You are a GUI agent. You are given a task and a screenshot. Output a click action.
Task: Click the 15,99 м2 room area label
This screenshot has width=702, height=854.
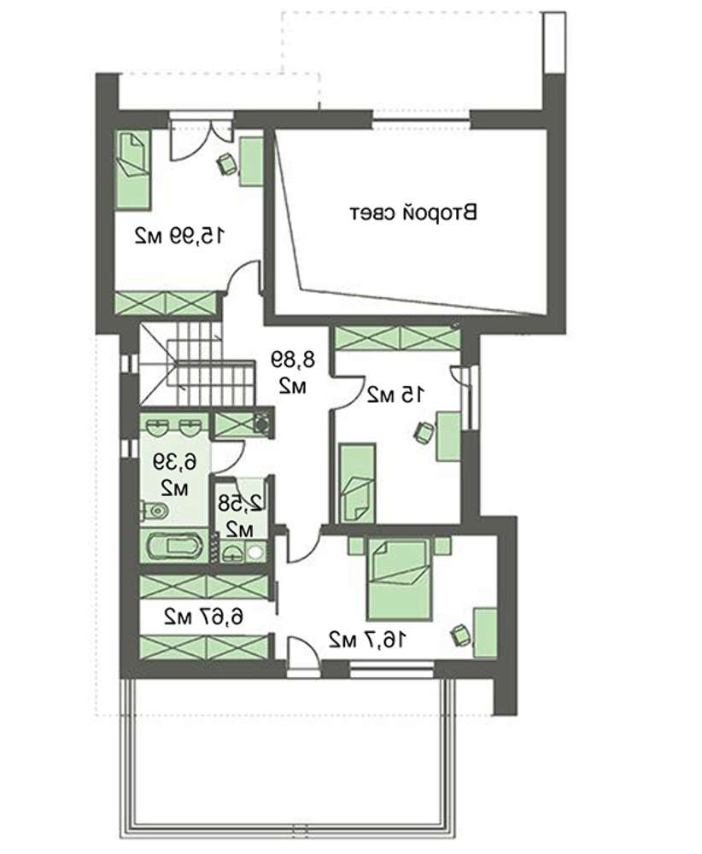click(179, 236)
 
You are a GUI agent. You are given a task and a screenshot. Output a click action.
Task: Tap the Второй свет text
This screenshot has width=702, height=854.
click(412, 213)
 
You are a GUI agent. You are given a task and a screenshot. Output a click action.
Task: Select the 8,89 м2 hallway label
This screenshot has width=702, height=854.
click(292, 372)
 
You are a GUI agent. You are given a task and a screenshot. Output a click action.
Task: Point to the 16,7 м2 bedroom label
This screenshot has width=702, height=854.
click(367, 640)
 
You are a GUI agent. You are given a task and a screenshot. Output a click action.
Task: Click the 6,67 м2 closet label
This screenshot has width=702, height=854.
click(204, 617)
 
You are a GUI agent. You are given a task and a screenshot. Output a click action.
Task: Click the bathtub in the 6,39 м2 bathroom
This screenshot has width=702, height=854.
click(175, 547)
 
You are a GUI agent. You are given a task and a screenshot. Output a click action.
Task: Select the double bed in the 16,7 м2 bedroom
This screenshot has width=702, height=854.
click(401, 578)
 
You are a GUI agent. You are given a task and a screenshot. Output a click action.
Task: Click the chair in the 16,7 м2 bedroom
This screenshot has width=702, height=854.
click(460, 635)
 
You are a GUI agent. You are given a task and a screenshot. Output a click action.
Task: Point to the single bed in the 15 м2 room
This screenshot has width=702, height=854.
click(357, 483)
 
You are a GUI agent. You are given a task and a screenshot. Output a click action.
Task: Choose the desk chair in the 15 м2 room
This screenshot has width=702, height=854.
click(424, 433)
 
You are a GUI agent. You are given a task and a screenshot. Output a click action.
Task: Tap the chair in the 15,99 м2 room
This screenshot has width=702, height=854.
click(226, 164)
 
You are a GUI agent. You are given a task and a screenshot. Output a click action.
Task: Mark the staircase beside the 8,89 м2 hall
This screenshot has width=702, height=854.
click(197, 363)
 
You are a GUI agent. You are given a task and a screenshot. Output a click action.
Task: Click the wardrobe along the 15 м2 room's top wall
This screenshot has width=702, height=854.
click(398, 338)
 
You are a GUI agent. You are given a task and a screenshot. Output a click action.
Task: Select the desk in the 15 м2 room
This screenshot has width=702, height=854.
click(448, 436)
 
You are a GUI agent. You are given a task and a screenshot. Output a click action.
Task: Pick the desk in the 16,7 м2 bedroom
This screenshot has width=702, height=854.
click(485, 632)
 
